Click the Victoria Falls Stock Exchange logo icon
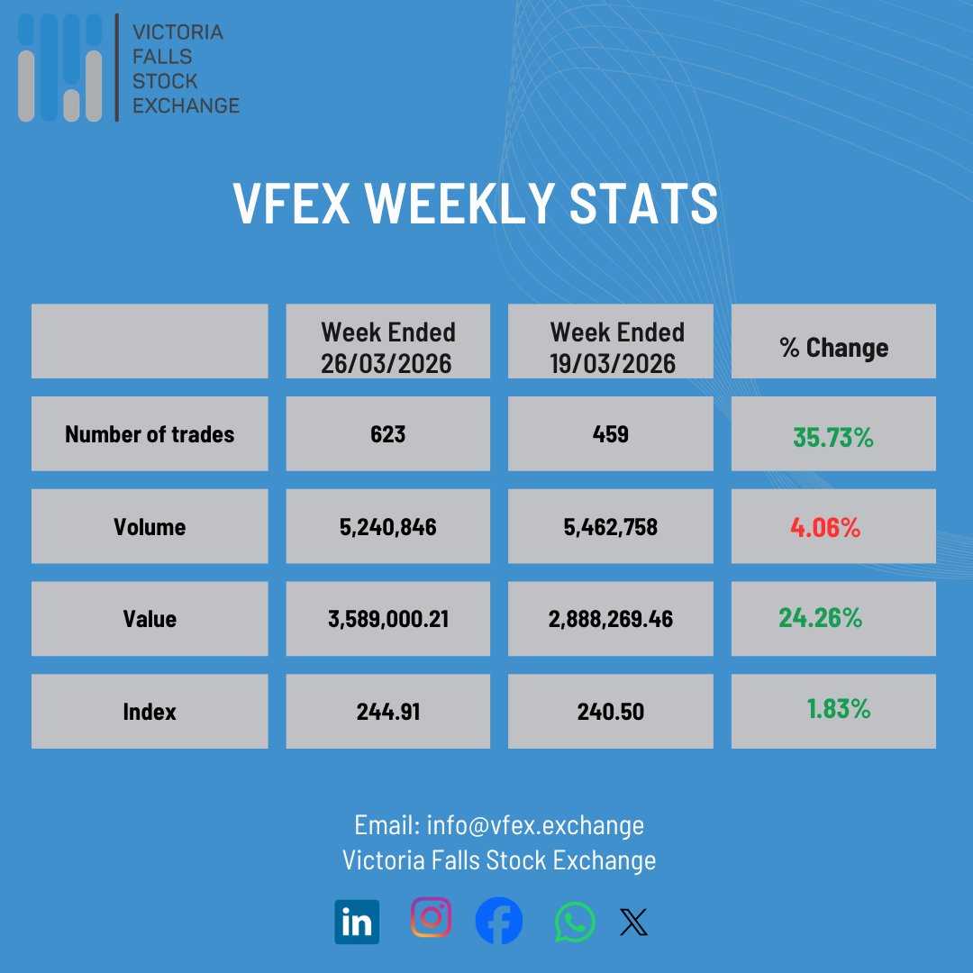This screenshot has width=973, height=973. tap(60, 68)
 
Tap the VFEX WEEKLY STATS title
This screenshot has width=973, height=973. tap(476, 203)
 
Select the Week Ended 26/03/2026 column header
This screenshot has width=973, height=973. tap(388, 347)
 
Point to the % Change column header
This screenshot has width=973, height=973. tap(833, 348)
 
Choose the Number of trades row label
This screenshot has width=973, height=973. tap(150, 434)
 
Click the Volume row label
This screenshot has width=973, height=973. tap(150, 527)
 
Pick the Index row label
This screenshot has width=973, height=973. tap(150, 712)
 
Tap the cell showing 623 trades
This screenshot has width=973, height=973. tap(388, 434)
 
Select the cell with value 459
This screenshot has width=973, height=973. tap(611, 434)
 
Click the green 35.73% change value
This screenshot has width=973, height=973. tap(833, 438)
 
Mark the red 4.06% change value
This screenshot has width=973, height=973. tap(825, 528)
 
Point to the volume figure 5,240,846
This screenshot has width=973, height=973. tap(388, 527)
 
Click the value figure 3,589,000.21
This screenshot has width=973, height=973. tap(388, 620)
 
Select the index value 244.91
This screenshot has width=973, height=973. tap(388, 712)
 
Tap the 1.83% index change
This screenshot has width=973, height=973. tap(839, 709)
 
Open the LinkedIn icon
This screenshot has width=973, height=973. tap(357, 922)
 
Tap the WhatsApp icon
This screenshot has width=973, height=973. tap(575, 922)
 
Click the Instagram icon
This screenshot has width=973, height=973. tap(431, 917)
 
